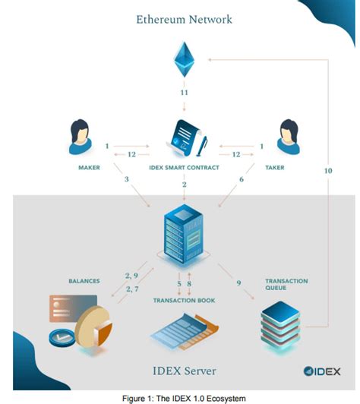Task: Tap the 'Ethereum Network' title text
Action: [184, 17]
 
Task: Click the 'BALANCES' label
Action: [84, 281]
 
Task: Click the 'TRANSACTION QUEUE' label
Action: [286, 285]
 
